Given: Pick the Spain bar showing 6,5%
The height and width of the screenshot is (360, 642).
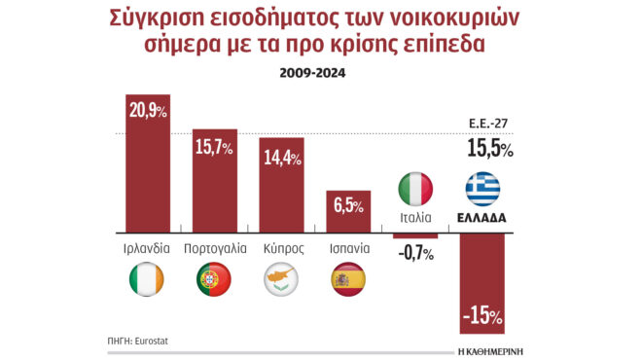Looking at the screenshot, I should coord(348,211).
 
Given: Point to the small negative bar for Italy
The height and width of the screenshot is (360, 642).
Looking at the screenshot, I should coord(415,235).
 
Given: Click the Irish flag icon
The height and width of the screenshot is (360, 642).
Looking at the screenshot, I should coord(148,280).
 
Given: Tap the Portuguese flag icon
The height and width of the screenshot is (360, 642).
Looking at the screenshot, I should coord(215,280).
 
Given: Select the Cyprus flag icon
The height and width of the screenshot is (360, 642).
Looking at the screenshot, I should coord(282,280).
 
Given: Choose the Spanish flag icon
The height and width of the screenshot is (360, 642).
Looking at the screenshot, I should coord(348,280).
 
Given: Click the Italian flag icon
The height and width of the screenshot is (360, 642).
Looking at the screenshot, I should coord(415,188).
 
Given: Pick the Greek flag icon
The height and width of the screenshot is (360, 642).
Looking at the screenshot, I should coord(482,188).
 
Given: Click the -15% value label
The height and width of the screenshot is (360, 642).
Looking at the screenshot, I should coord(482,316).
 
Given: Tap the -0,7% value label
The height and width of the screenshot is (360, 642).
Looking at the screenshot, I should coord(415,254).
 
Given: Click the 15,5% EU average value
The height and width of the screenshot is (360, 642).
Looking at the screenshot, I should coord(490,149).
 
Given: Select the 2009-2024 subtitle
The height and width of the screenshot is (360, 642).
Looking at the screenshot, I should coord(321,72).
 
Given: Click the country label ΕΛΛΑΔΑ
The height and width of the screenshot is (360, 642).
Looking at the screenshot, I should coord(482,217).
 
